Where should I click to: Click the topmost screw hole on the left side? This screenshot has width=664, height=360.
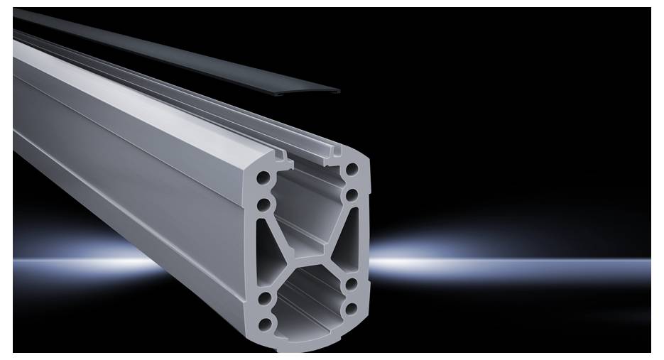click(264, 175)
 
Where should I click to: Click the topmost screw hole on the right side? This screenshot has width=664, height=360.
click(351, 170)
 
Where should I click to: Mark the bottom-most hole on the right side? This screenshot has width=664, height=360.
click(352, 310)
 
